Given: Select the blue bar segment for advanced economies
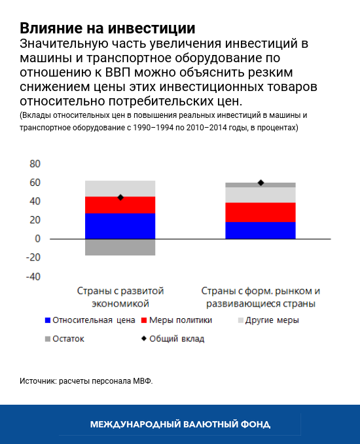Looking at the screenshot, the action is pyautogui.click(x=120, y=226).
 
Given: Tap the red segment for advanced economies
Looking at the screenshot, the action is pyautogui.click(x=120, y=205).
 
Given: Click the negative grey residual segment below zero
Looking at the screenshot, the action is pyautogui.click(x=120, y=247).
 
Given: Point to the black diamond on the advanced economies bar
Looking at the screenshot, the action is pyautogui.click(x=120, y=197).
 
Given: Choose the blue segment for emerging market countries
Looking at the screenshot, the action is pyautogui.click(x=261, y=231).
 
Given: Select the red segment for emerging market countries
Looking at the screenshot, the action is pyautogui.click(x=261, y=212).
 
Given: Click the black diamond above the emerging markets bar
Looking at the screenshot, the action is pyautogui.click(x=261, y=183).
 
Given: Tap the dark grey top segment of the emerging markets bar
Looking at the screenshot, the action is pyautogui.click(x=261, y=185).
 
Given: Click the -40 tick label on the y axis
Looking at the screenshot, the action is pyautogui.click(x=33, y=276).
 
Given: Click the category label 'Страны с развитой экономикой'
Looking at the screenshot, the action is pyautogui.click(x=120, y=297).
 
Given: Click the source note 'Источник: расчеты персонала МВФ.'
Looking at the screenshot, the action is pyautogui.click(x=86, y=380).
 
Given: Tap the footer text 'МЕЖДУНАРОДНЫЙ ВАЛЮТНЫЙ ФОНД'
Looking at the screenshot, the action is pyautogui.click(x=180, y=424).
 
